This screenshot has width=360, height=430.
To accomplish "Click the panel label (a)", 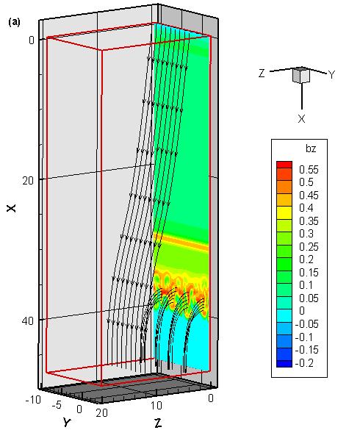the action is coord(14,22).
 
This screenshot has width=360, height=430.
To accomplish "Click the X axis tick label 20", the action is coord(28,180).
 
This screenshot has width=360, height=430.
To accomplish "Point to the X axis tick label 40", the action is coord(27,320).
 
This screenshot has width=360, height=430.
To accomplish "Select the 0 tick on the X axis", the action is coord(32,40).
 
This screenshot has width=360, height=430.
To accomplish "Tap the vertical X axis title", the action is coord(12,208).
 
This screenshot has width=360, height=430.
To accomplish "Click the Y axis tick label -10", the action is coord(33,400).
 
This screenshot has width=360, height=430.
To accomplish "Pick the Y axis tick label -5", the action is coord(57,405).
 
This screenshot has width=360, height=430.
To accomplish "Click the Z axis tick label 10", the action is coord(156,406).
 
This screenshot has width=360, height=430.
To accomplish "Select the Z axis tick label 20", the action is coord(101,412).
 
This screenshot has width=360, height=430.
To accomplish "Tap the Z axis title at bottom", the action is coord(158,423).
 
